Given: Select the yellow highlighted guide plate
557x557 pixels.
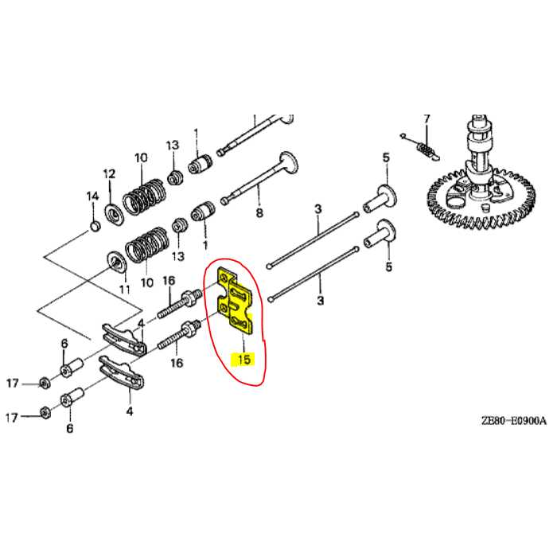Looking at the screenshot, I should pyautogui.click(x=236, y=302).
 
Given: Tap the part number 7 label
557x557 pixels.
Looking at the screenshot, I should pyautogui.click(x=426, y=119).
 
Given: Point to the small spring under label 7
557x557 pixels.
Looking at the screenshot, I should pyautogui.click(x=427, y=148).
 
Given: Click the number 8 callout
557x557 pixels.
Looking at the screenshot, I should pyautogui.click(x=258, y=213).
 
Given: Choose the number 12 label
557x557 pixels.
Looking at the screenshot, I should pyautogui.click(x=110, y=173).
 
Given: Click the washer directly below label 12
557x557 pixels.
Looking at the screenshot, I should pyautogui.click(x=113, y=211).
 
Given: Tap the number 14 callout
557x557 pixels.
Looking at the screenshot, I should pyautogui.click(x=92, y=196).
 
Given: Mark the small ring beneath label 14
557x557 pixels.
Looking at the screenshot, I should pyautogui.click(x=95, y=228).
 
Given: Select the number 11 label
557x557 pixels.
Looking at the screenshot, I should pyautogui.click(x=123, y=288).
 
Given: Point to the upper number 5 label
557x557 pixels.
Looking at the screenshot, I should pyautogui.click(x=386, y=158).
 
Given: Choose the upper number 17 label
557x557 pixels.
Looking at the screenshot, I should pyautogui.click(x=13, y=384).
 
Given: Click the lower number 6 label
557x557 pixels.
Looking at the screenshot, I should pyautogui.click(x=69, y=429).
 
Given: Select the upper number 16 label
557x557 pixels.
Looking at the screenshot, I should pyautogui.click(x=169, y=280).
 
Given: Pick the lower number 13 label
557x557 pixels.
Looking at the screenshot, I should pyautogui.click(x=177, y=257).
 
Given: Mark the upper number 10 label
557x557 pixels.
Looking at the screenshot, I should pyautogui.click(x=141, y=158).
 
